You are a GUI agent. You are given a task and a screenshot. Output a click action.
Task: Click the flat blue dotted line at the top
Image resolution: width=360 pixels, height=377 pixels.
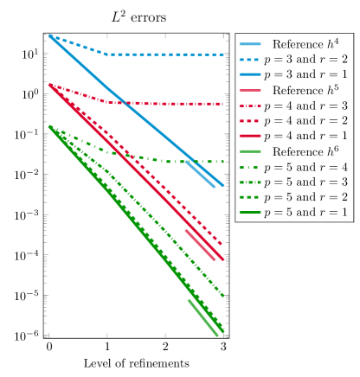[164, 54]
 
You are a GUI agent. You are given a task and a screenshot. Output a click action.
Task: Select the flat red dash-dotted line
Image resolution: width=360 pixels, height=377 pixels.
[164, 104]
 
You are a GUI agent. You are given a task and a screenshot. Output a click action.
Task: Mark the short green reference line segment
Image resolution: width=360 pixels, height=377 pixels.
[204, 317]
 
